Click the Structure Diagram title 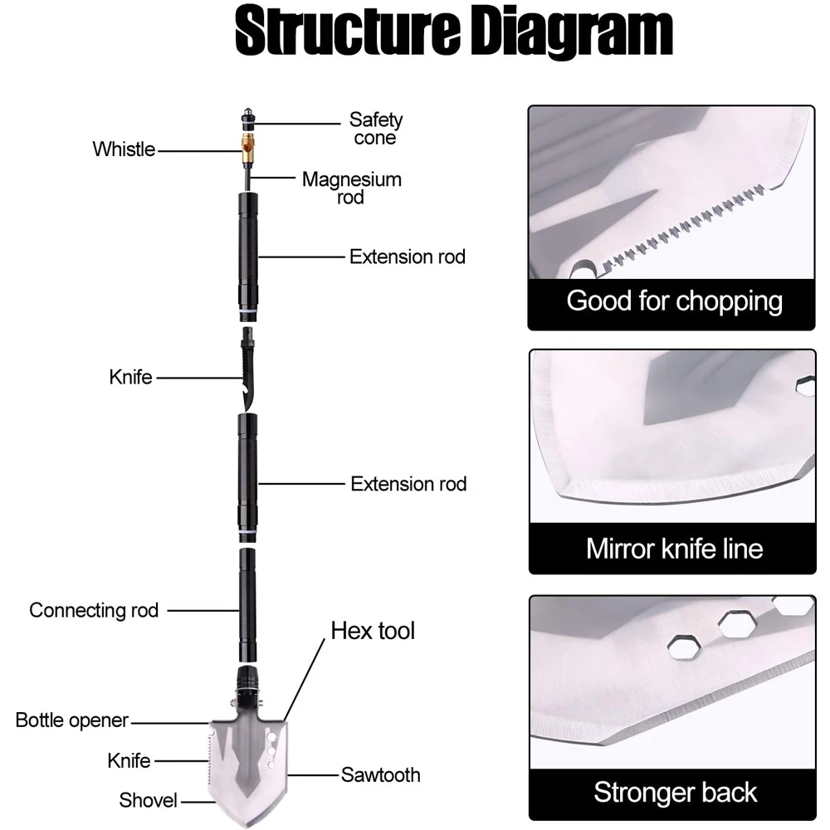454,31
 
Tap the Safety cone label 375,129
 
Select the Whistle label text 124,149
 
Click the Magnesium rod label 351,188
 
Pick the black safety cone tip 248,120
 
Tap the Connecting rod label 94,610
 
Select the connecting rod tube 247,605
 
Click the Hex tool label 373,631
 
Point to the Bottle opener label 72,720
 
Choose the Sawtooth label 381,775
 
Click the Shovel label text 148,800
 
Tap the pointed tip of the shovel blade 248,826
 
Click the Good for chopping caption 674,302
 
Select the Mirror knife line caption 674,549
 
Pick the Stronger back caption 675,793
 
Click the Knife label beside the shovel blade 129,761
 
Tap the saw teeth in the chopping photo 683,227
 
